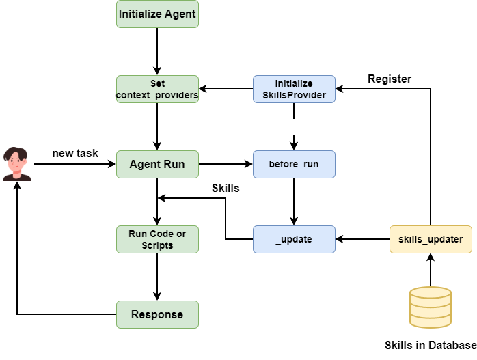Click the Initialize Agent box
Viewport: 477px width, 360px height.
pos(157,14)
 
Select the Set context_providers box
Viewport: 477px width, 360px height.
pos(157,89)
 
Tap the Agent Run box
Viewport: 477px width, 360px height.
pos(157,164)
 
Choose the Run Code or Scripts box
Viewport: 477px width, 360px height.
pos(157,239)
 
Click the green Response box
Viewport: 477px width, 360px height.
pos(157,314)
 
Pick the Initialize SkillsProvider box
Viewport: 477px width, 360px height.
pos(294,89)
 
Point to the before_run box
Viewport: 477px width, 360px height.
pos(294,164)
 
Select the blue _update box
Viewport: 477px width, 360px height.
pos(294,239)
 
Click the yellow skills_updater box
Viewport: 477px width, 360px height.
pos(431,239)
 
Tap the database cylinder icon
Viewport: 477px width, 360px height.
pos(431,307)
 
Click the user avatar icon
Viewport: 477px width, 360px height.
pos(17,164)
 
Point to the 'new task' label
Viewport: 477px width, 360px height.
pos(75,153)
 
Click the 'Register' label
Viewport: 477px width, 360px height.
pos(390,79)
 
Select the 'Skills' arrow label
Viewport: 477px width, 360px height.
pos(226,188)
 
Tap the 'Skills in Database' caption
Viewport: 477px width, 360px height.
pos(431,345)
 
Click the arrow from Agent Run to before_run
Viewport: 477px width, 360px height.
pos(226,164)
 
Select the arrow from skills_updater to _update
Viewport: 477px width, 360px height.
pos(362,239)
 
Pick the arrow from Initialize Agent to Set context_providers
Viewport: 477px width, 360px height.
pos(157,51)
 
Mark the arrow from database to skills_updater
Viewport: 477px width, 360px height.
pos(431,270)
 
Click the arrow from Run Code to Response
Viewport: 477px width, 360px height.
pos(157,277)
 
